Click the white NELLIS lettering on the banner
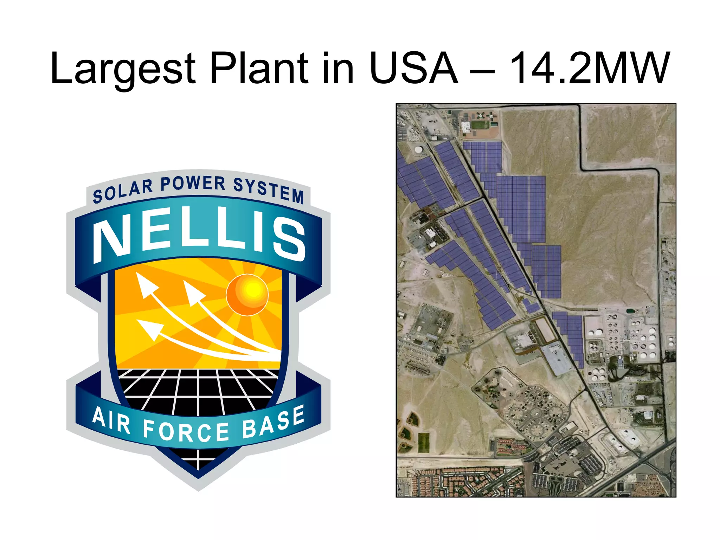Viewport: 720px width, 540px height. pos(199,236)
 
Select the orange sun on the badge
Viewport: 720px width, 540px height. pos(247,295)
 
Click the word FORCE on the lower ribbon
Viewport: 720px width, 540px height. pos(186,431)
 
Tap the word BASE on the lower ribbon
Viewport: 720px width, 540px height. pos(273,422)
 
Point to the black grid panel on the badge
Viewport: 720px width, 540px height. pos(199,390)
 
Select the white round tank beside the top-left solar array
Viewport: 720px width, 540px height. pos(419,149)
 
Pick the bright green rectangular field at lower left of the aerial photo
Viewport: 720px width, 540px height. pos(424,443)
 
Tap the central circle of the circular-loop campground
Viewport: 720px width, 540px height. pos(535,413)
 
